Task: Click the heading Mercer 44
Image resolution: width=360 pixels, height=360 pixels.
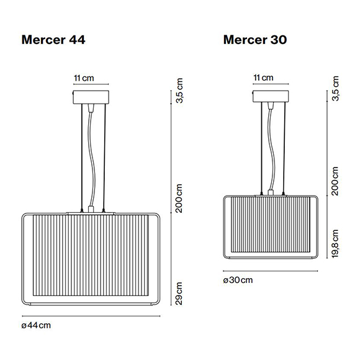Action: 53,40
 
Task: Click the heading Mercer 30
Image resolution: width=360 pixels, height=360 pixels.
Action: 255,40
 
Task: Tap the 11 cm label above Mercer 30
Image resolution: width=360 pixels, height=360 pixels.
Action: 264,78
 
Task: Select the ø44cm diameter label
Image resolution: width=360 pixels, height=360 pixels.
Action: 35,325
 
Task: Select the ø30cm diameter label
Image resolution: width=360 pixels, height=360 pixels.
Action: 238,280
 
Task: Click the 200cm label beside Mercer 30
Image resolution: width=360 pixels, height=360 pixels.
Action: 335,181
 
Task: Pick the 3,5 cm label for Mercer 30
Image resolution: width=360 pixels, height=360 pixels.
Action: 335,91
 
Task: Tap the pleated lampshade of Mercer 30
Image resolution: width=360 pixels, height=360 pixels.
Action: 271,227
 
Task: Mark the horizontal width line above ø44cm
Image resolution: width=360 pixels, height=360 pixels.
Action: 91,315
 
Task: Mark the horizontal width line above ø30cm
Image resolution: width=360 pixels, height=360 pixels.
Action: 271,271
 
